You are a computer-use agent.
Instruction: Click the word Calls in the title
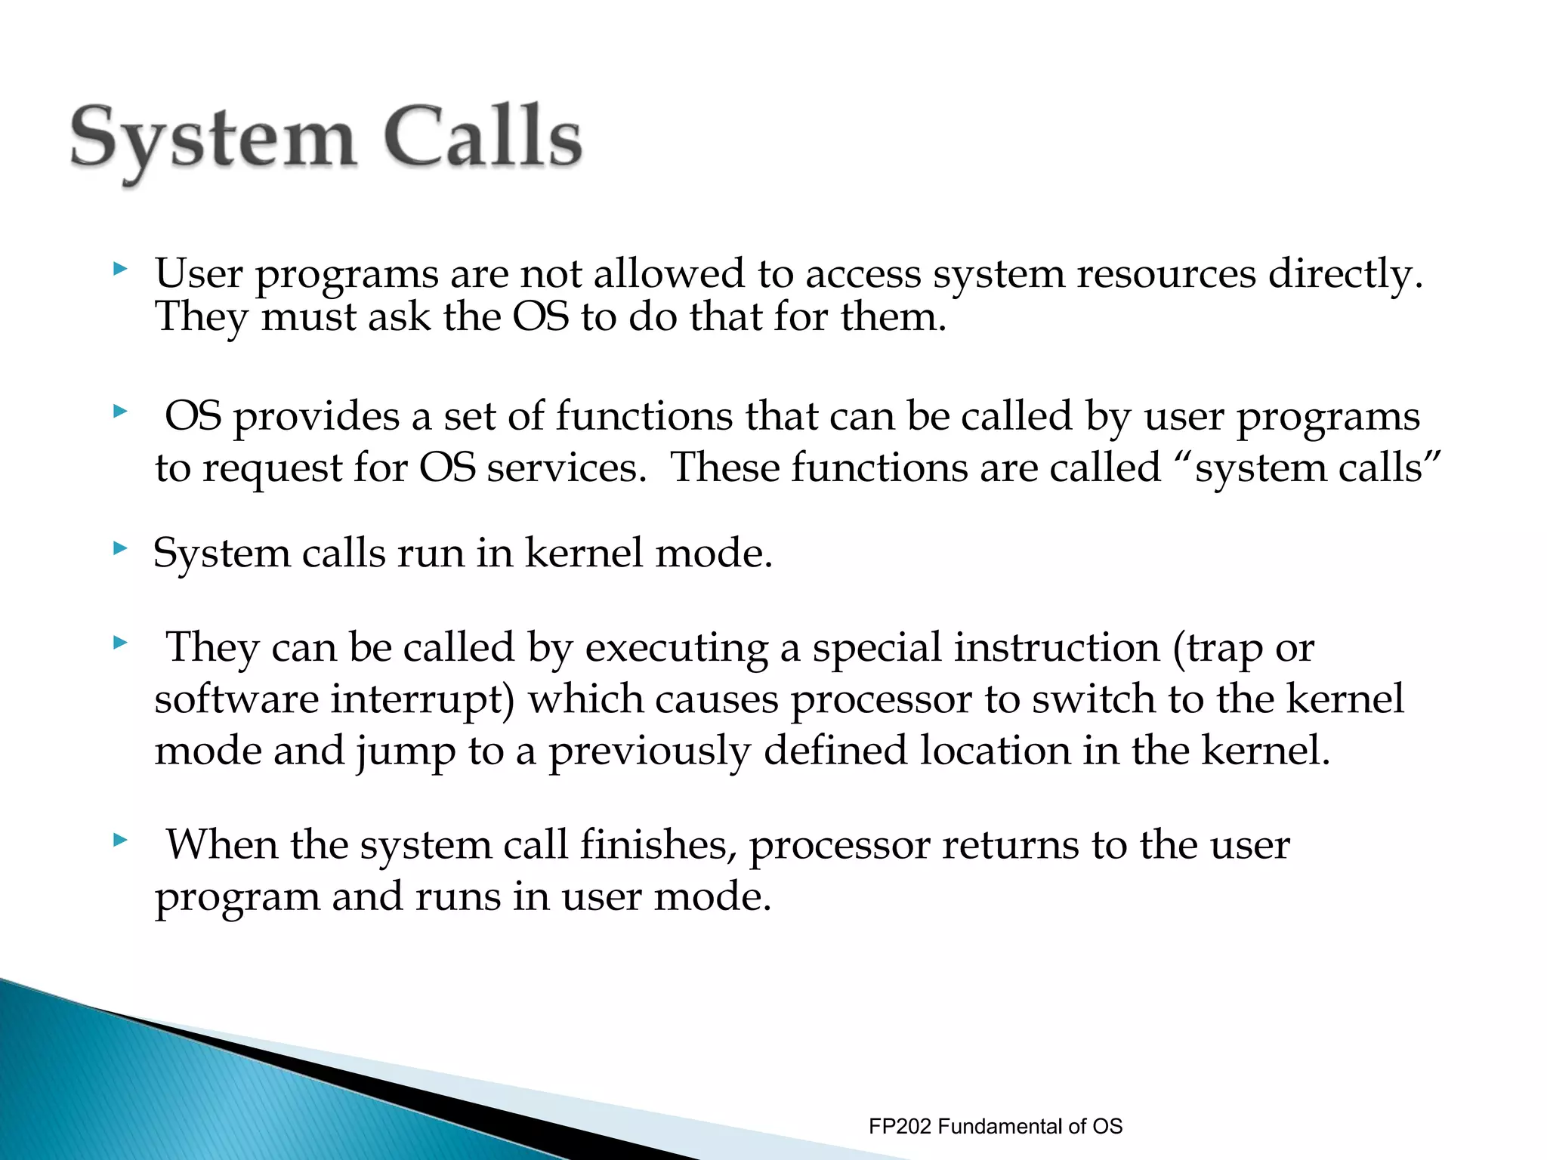click(x=483, y=136)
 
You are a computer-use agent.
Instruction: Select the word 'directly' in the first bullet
click(x=1345, y=273)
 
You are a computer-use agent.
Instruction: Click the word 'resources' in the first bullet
click(x=1166, y=273)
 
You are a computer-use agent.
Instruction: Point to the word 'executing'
click(x=676, y=648)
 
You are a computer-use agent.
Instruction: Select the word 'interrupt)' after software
click(x=422, y=699)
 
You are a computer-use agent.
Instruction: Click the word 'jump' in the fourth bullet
click(x=406, y=752)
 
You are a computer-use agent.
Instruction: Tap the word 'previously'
click(x=650, y=752)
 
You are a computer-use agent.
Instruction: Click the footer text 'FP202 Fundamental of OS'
click(x=995, y=1126)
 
